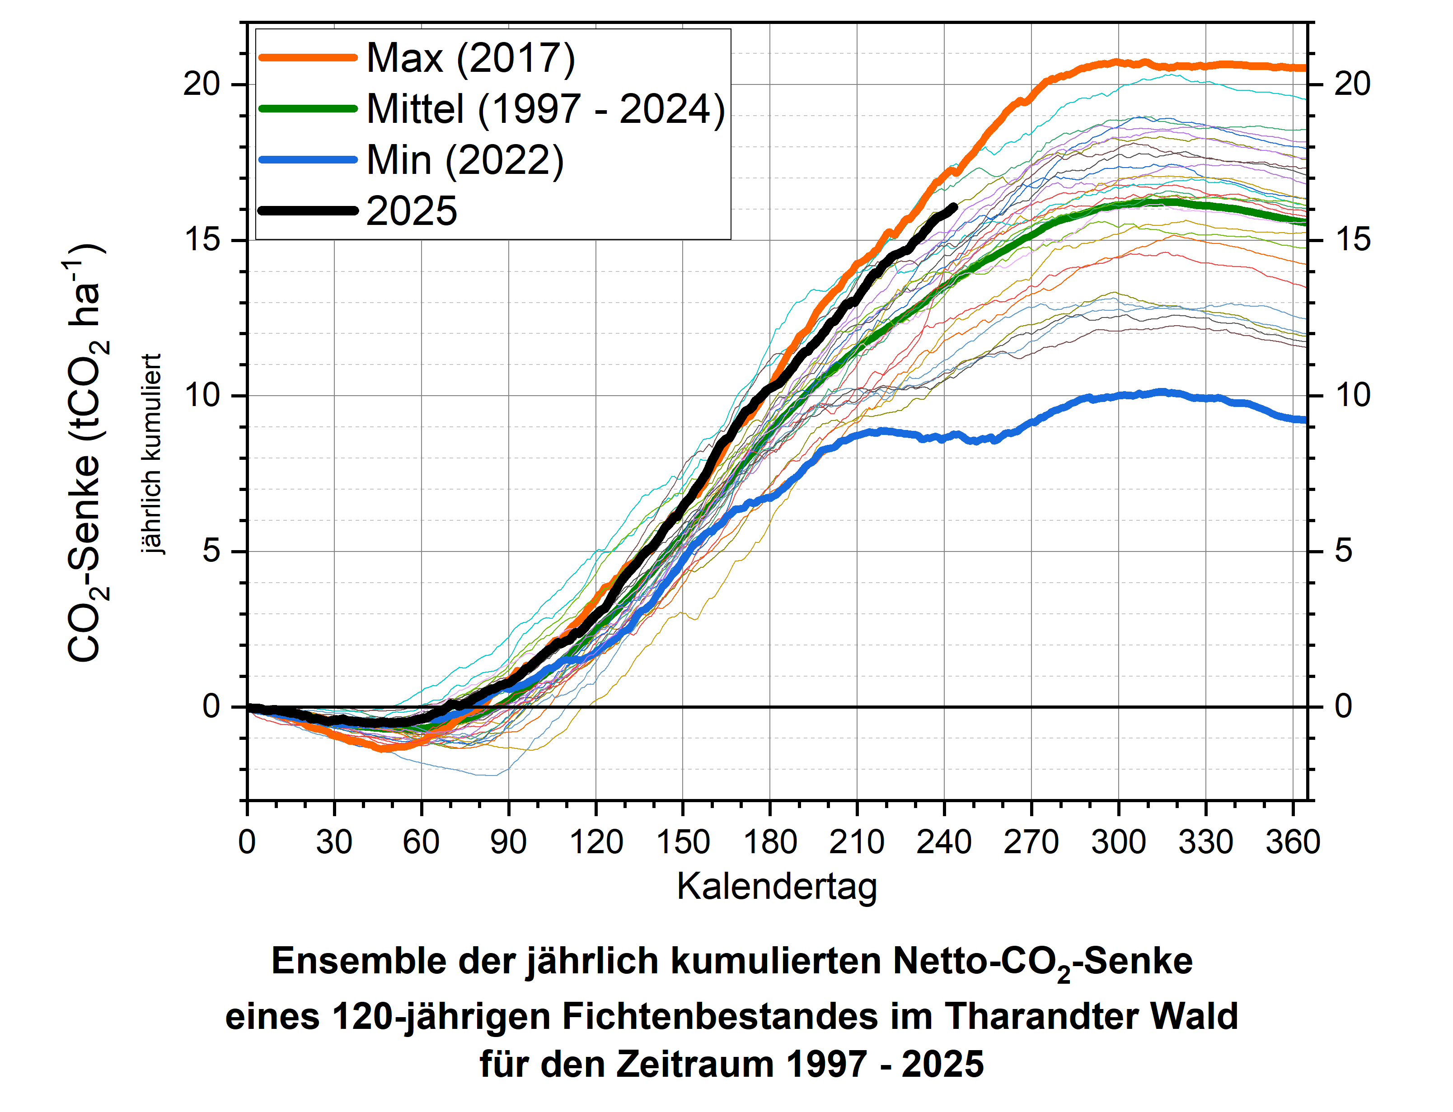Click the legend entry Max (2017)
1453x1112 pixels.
(470, 58)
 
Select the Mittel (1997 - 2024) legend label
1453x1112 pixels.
(545, 109)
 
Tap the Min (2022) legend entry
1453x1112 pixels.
(465, 160)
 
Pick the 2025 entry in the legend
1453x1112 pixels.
(411, 211)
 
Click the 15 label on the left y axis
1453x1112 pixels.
(202, 240)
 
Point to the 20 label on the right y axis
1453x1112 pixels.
(1352, 84)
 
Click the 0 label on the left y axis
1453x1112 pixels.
(211, 706)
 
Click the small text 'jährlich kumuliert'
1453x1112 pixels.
(152, 453)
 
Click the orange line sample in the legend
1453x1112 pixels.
(308, 58)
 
